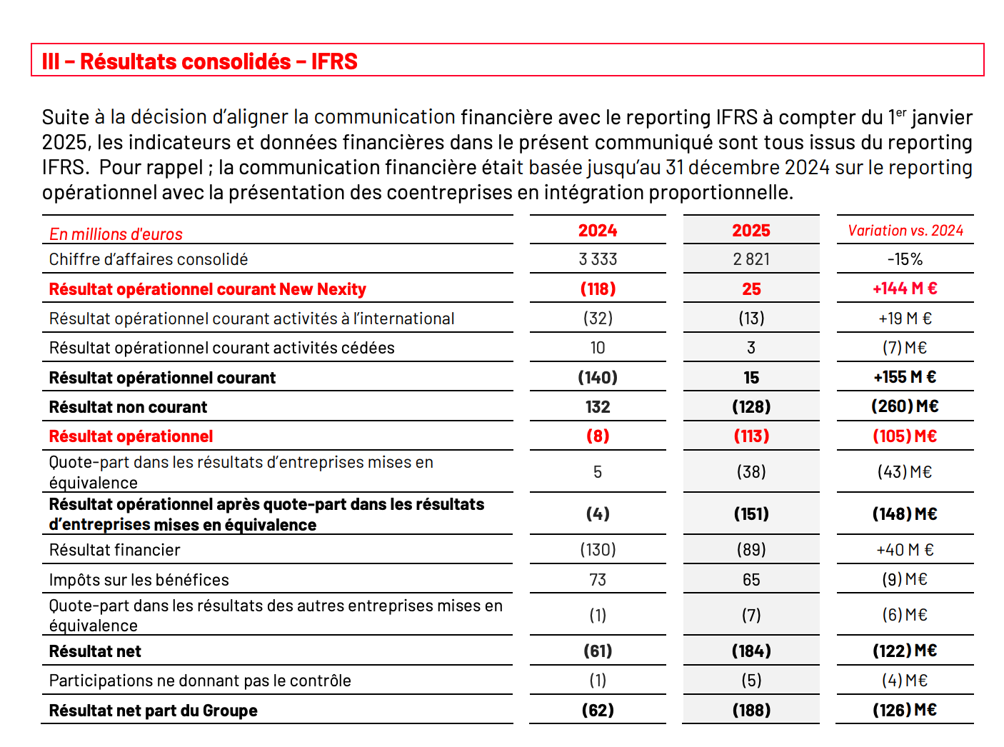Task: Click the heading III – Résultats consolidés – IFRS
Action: (199, 61)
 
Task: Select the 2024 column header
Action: (598, 230)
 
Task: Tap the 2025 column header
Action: (751, 230)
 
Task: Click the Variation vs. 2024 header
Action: (905, 230)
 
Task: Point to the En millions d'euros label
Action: (116, 234)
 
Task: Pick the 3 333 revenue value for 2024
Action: (598, 259)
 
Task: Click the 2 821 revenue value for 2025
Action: (751, 259)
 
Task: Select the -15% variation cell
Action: (905, 259)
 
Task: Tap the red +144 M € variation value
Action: (905, 289)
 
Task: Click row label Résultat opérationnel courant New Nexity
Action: (207, 289)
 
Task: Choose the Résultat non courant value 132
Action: (598, 407)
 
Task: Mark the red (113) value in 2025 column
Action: (751, 436)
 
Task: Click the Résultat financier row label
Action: (114, 550)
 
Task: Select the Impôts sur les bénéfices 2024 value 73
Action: (598, 580)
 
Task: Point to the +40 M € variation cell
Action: (905, 550)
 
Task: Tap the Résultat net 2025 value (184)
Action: (751, 651)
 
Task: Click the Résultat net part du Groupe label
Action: (153, 711)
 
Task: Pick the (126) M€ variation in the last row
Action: (905, 711)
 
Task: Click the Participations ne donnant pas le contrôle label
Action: (200, 681)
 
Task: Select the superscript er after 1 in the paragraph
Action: (901, 112)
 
